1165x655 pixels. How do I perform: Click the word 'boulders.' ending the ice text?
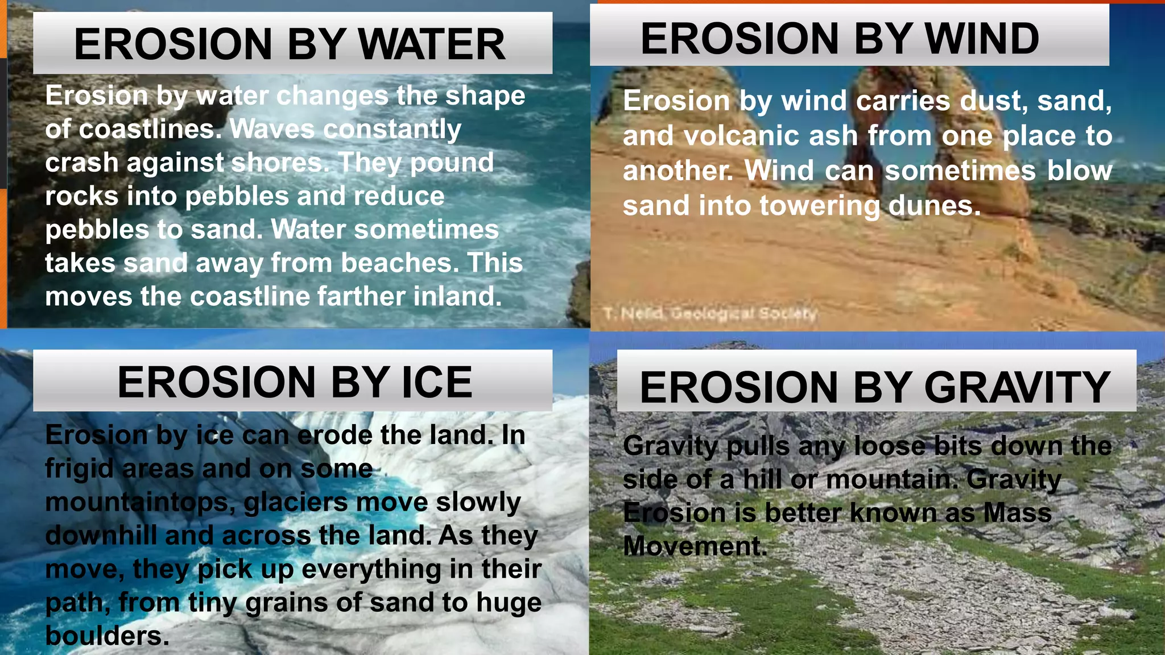(x=107, y=636)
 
